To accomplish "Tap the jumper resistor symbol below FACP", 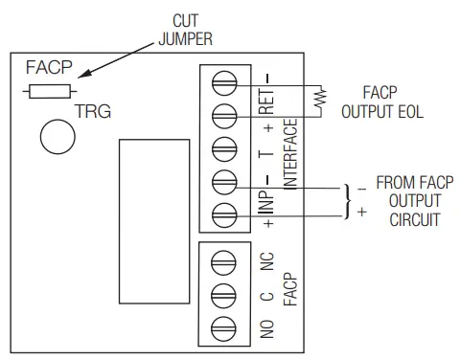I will [49, 92].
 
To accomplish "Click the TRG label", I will [93, 112].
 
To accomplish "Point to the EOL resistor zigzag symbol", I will [322, 98].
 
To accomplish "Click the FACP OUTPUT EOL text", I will [381, 102].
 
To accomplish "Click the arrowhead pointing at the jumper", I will [83, 74].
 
